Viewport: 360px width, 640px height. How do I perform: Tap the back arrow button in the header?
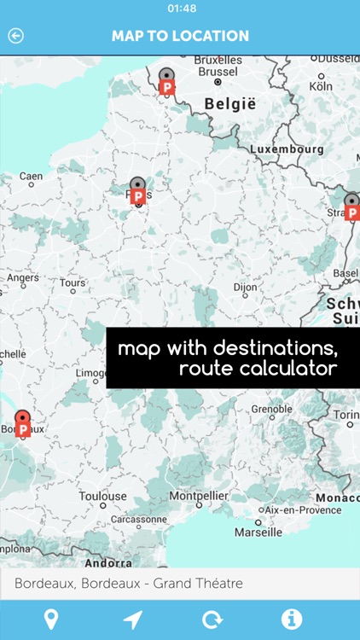pos(15,36)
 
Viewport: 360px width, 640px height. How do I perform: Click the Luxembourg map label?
pos(287,149)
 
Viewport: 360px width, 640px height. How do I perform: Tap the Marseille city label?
pos(258,532)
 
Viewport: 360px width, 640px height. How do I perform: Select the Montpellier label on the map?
pos(199,496)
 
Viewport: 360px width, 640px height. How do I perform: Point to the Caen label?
pos(31,177)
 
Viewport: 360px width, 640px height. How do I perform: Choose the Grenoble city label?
pos(271,410)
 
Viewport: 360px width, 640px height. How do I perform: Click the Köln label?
pos(321,86)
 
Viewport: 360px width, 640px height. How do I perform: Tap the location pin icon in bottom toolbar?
pos(51,620)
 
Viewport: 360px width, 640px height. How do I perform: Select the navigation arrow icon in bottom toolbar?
pos(132,620)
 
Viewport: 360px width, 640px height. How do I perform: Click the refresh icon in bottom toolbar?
pos(212,620)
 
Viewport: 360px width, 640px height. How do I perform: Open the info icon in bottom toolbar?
pos(291,620)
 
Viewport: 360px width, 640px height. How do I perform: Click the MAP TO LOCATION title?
pos(180,36)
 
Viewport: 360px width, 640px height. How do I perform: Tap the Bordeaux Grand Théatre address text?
pos(129,584)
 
